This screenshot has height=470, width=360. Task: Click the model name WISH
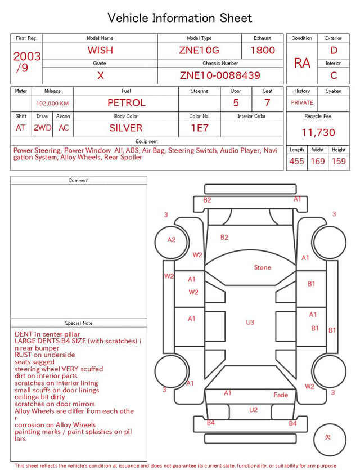click(x=100, y=50)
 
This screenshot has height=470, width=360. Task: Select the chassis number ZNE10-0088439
click(x=220, y=75)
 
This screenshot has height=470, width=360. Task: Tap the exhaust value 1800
click(x=263, y=50)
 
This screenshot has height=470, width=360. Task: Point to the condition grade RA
click(x=302, y=63)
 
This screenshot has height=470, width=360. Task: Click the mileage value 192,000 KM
click(x=52, y=104)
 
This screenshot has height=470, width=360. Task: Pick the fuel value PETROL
click(x=127, y=103)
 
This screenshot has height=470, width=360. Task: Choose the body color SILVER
click(x=126, y=128)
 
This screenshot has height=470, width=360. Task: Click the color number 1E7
click(x=200, y=128)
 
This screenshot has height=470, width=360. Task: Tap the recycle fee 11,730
click(x=318, y=132)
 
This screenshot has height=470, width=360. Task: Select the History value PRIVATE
click(x=302, y=102)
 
